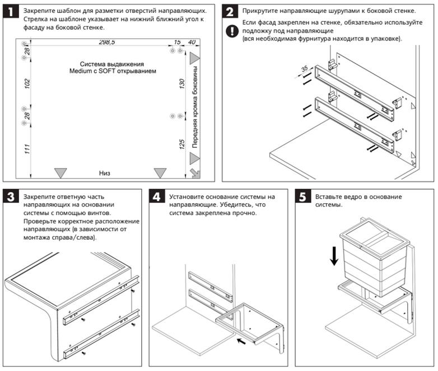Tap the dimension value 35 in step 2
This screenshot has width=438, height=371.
(305, 69)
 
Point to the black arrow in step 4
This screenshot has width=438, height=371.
(241, 340)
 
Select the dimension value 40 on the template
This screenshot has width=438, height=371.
(192, 43)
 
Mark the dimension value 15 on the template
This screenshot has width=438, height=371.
(177, 43)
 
